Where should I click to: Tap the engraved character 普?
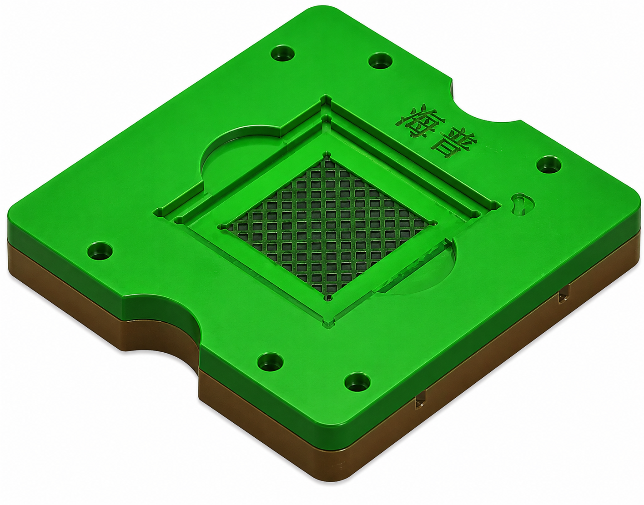pyautogui.click(x=454, y=143)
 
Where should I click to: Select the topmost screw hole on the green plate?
pyautogui.click(x=282, y=53)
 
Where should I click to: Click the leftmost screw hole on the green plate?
pyautogui.click(x=100, y=250)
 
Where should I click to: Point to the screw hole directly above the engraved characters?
pyautogui.click(x=380, y=60)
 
